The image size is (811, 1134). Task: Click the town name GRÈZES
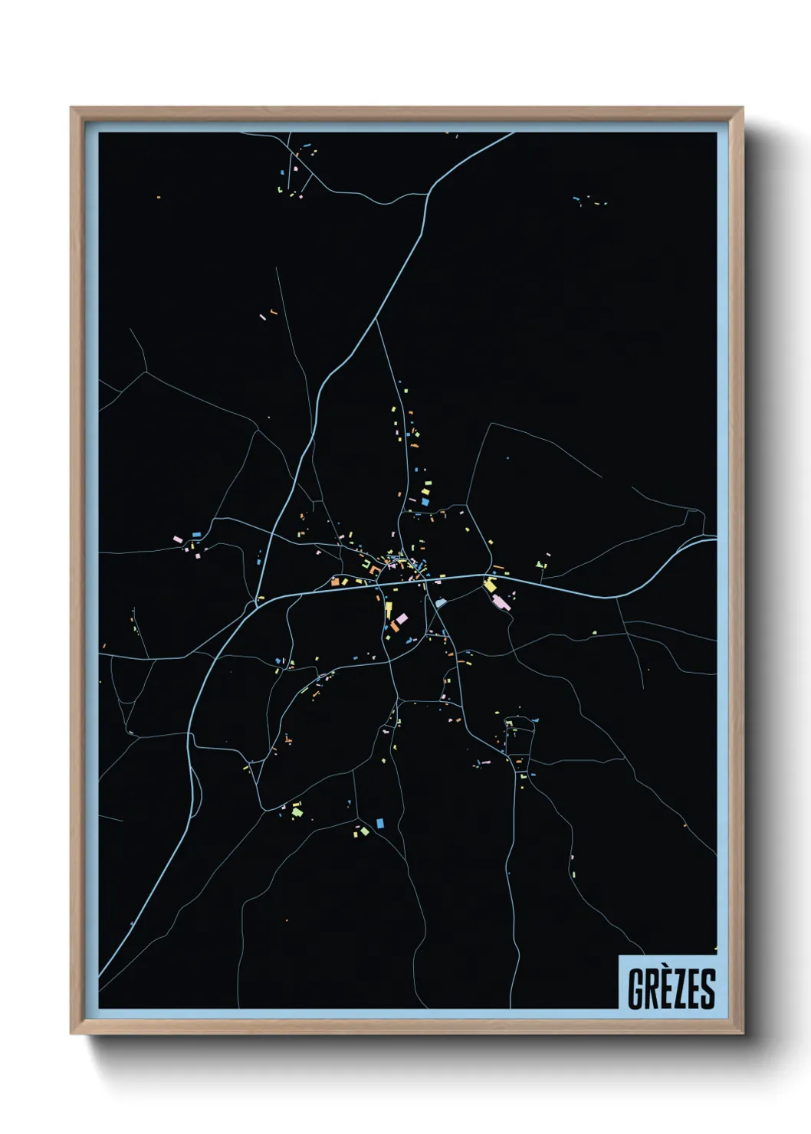pos(671,988)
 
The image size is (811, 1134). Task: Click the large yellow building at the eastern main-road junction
pos(490,586)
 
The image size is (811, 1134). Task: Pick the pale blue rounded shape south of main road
pos(440,603)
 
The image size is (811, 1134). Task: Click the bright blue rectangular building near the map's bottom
pos(379,823)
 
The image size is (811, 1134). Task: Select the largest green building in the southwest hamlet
pos(297,811)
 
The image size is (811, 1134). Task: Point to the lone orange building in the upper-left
pos(159,198)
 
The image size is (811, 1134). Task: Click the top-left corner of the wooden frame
pos(73,110)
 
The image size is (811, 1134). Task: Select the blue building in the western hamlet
pos(195,534)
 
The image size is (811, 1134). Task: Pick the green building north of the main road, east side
pos(542,565)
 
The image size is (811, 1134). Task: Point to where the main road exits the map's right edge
pos(715,539)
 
